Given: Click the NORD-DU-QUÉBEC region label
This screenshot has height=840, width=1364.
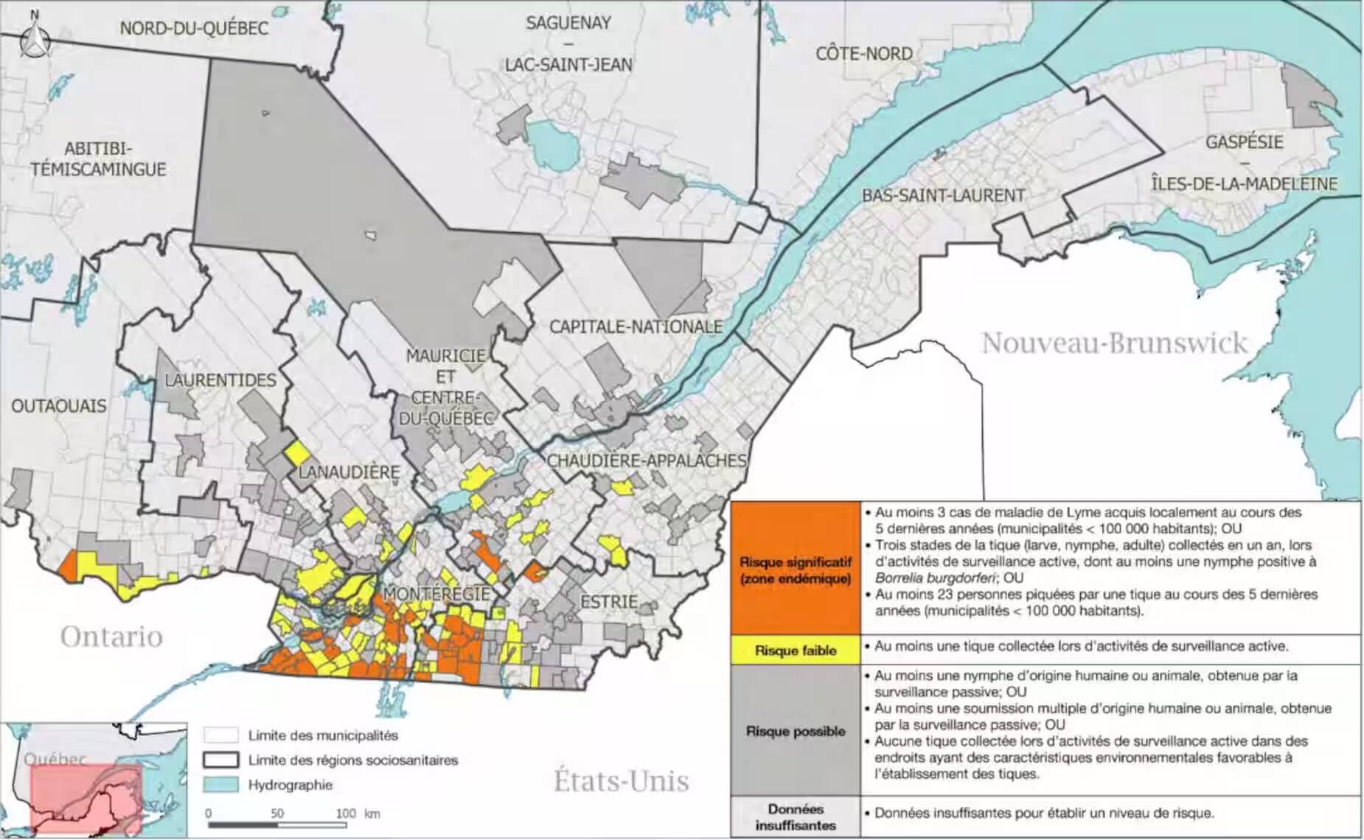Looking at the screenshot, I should pyautogui.click(x=194, y=29).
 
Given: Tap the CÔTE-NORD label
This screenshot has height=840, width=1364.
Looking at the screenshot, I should pyautogui.click(x=863, y=54).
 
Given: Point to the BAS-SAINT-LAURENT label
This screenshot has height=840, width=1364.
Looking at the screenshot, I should pyautogui.click(x=943, y=196).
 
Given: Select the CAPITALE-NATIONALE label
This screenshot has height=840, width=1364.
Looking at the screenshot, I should pyautogui.click(x=636, y=326).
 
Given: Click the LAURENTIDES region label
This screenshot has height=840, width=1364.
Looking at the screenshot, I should pyautogui.click(x=220, y=380).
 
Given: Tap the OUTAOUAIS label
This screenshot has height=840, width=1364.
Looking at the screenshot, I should pyautogui.click(x=59, y=406).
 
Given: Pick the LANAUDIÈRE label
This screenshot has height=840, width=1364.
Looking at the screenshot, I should pyautogui.click(x=349, y=472).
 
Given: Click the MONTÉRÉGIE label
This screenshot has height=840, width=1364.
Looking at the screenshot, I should pyautogui.click(x=436, y=594).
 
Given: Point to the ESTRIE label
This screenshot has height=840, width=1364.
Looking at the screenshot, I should pyautogui.click(x=608, y=601).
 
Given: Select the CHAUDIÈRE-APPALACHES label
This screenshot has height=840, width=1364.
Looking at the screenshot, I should pyautogui.click(x=646, y=461).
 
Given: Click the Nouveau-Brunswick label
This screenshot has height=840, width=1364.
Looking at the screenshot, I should pyautogui.click(x=1113, y=343).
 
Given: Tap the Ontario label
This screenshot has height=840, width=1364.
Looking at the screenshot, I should pyautogui.click(x=111, y=637).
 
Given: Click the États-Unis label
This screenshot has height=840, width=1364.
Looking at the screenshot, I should pyautogui.click(x=621, y=781).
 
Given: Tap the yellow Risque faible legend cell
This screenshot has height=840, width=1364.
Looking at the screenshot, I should pyautogui.click(x=795, y=651).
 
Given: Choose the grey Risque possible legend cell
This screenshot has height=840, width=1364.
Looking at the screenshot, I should pyautogui.click(x=795, y=731).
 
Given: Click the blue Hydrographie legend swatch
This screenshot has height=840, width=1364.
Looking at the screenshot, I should pyautogui.click(x=221, y=785).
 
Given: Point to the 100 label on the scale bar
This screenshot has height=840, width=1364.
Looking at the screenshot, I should pyautogui.click(x=345, y=813).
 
